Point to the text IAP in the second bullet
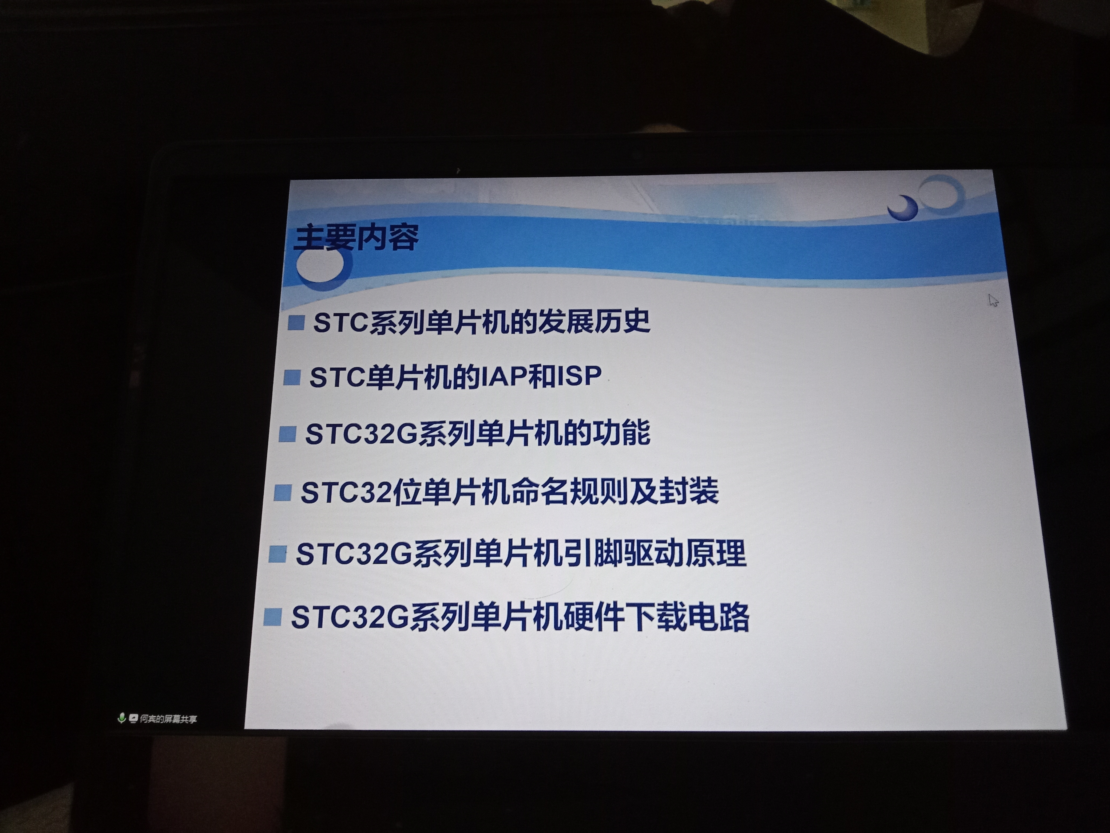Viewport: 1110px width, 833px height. [x=503, y=376]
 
